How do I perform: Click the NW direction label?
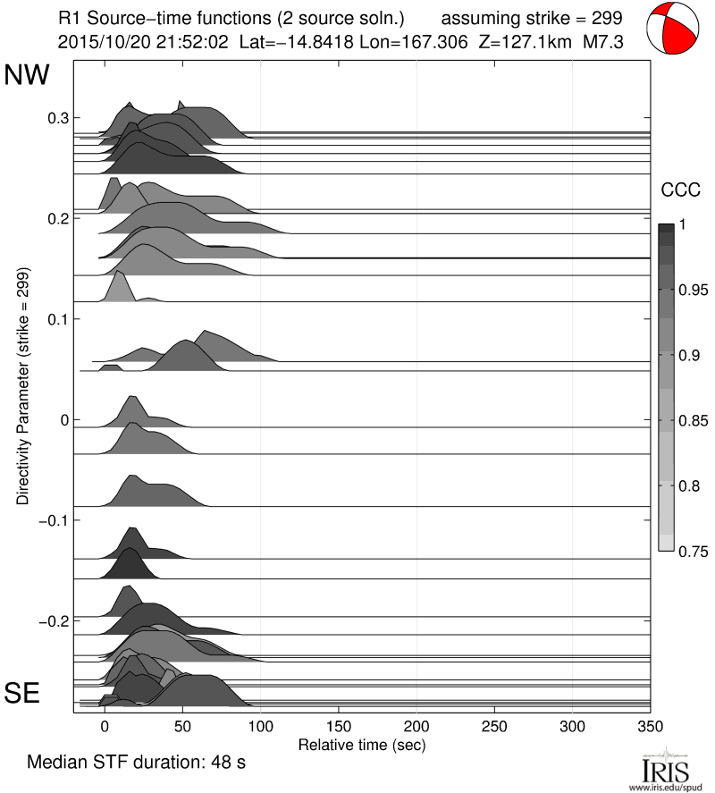pos(28,76)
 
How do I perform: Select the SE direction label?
pos(24,694)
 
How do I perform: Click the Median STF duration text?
pos(136,763)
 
